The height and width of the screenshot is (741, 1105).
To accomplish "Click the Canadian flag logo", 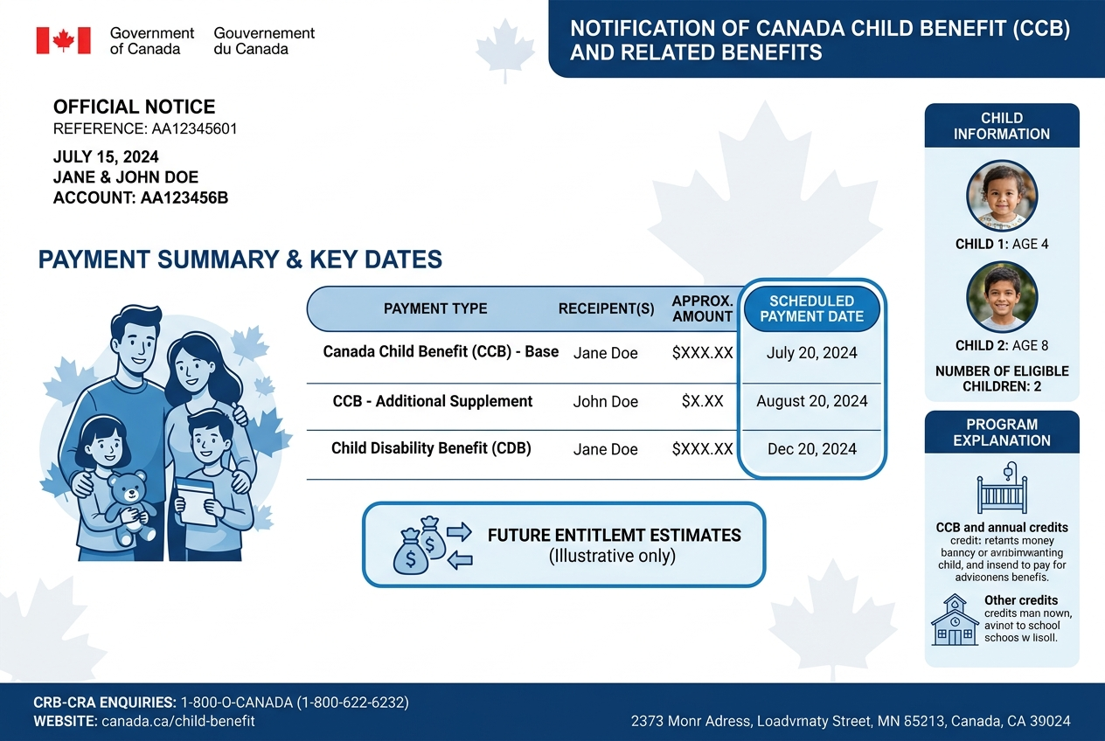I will coord(63,40).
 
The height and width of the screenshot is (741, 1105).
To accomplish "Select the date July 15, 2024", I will coord(106,157).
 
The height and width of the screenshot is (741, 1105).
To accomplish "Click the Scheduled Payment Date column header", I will coord(811,308).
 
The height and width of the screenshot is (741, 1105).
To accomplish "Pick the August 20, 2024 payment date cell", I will coord(811,401).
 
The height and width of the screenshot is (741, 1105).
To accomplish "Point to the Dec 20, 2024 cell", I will coord(811,449).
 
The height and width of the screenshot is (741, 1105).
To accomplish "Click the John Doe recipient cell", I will coord(605,402).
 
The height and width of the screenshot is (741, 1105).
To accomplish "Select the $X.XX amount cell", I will coord(702,402).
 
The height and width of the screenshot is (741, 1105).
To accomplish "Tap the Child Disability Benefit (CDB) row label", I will coord(431,448).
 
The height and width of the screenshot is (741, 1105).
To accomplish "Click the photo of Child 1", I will coord(1002,195).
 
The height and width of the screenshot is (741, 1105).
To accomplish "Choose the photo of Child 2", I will coord(1002,297).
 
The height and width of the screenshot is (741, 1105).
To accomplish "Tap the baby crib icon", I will coord(1002,488).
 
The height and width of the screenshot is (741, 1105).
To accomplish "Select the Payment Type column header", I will coord(435,308).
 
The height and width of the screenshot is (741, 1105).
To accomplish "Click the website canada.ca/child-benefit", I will coord(178,722).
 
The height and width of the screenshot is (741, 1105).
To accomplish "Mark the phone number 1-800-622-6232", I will coord(357,703).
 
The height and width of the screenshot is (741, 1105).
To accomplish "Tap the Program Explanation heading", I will coord(1002,432).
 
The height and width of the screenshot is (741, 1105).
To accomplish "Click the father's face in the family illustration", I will coord(136,343).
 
